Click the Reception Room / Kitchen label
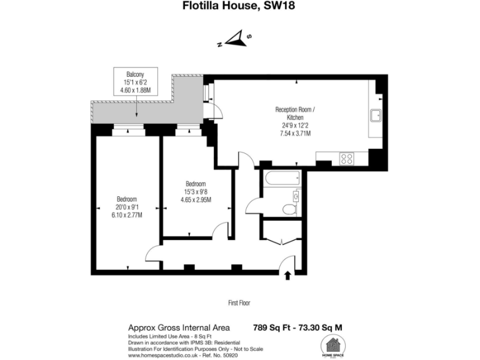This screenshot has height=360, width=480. coord(296,113)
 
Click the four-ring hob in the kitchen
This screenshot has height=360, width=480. coord(347,159)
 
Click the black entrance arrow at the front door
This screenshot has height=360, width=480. coord(287,276)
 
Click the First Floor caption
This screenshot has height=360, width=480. coord(239,303)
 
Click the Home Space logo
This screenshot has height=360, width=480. coord(334,346)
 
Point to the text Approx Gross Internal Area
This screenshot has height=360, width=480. coord(179,327)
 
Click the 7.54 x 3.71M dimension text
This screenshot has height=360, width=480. coord(296,133)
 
